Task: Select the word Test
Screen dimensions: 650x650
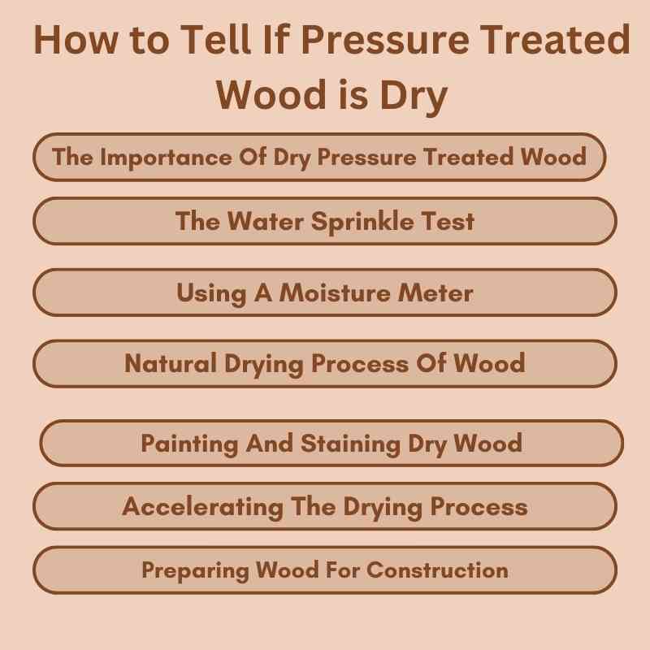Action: coord(447,221)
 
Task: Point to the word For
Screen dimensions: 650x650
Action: coord(342,570)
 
